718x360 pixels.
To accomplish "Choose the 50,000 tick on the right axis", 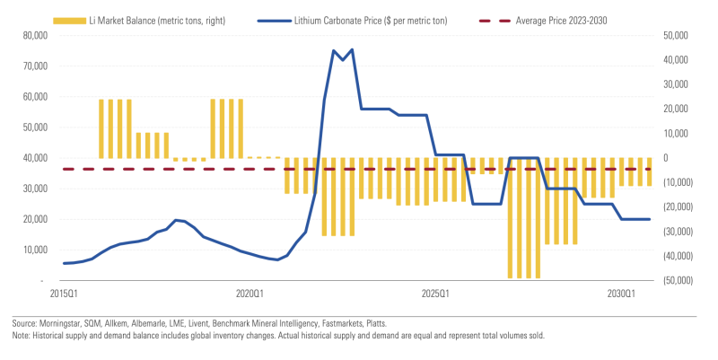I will pyautogui.click(x=676, y=35).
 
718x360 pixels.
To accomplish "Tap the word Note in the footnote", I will pyautogui.click(x=19, y=335).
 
